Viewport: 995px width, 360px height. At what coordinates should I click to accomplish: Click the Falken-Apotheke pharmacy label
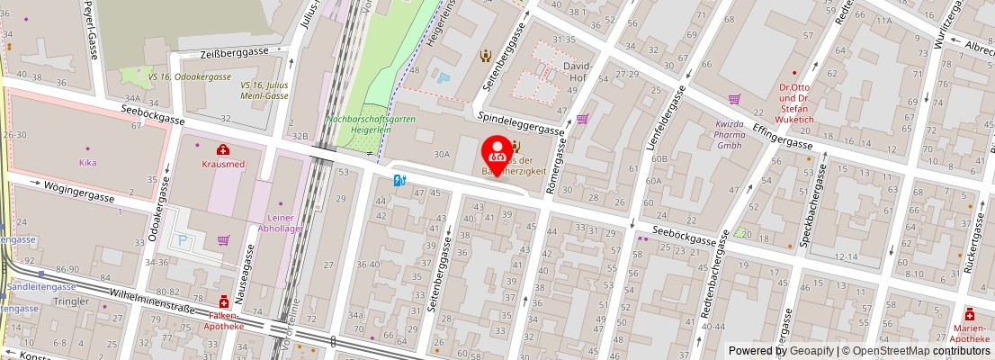coord(222,320)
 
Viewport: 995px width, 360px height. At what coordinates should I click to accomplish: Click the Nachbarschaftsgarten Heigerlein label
coord(371,123)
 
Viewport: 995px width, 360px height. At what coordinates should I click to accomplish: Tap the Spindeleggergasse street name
coord(521,123)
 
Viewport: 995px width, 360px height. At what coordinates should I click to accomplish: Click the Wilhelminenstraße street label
coord(151,301)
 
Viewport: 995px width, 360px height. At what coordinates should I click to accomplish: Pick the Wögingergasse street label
coord(78,191)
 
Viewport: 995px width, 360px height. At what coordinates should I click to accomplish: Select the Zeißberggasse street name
coord(236,52)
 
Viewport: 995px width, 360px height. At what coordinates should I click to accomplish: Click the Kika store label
coord(88,163)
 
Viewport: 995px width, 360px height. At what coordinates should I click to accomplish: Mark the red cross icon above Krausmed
coord(221,150)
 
